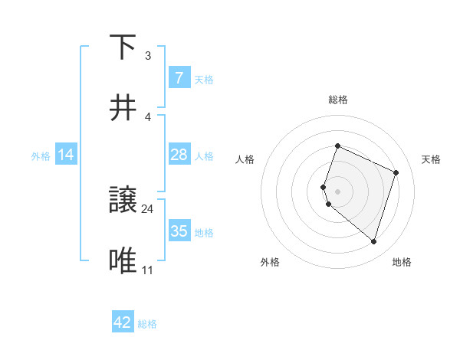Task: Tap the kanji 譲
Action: coord(124,201)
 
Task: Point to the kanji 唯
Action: coord(124,261)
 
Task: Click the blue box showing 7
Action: coord(179,78)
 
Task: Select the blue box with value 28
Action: coord(179,155)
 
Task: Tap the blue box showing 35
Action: coord(179,231)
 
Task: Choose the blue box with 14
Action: coord(66,155)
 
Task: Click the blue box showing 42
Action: coord(123,322)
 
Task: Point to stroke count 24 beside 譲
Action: coord(148,208)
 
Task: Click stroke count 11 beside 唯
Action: coord(148,270)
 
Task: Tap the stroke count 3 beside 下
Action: coord(148,56)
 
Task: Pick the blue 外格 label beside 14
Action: coord(41,155)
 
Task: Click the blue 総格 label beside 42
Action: coord(147,323)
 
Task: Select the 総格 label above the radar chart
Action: coord(338,100)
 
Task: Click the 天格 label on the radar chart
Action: coord(432,159)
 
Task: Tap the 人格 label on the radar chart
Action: coord(245,159)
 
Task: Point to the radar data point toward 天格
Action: coord(396,172)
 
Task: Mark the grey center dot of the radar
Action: coord(338,191)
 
